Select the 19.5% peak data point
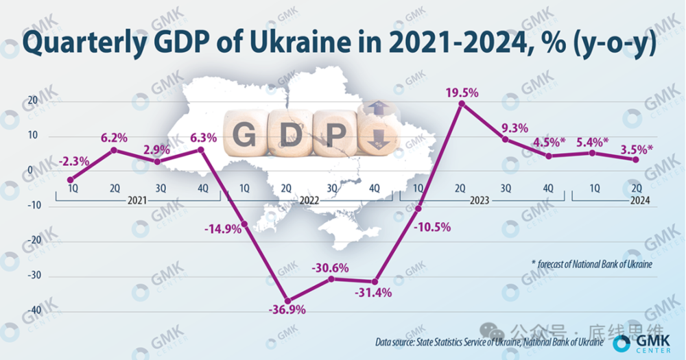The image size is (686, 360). (462, 104)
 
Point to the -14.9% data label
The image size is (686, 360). (224, 229)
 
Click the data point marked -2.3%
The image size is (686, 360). (70, 180)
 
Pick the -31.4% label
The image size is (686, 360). (373, 293)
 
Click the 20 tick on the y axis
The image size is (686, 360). (32, 100)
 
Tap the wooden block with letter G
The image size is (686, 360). (244, 135)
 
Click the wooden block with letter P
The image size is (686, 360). (335, 135)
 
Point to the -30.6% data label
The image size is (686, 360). (331, 267)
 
